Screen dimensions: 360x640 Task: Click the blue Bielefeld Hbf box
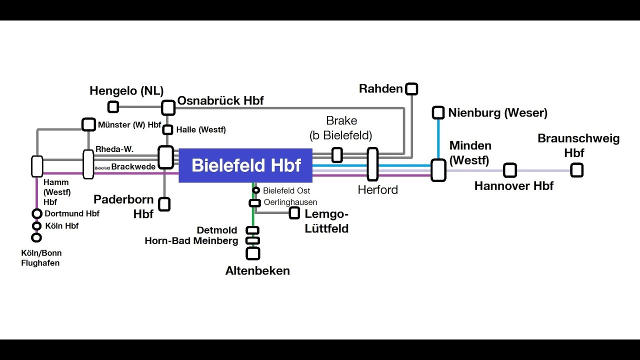coord(245,165)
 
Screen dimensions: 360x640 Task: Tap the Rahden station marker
coord(411,89)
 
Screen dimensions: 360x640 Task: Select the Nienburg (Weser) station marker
coord(438,112)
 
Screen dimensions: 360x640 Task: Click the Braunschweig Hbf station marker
coord(576,170)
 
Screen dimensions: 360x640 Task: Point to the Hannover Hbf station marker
coord(509,170)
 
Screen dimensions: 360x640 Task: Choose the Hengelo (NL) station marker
coord(113,106)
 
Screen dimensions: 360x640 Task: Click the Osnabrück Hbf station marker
coord(168,107)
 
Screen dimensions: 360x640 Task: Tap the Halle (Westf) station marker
coord(168,130)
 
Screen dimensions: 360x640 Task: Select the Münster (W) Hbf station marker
coord(88,124)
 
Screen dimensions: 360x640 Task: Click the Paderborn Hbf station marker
coord(164,204)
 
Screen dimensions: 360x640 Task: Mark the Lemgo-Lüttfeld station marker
coord(294,213)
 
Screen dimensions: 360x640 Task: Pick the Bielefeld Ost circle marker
coord(256,190)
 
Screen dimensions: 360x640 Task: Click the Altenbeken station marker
coord(253,253)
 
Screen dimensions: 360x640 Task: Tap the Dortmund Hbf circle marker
coord(37,214)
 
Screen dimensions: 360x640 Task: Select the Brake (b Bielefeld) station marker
coord(337,155)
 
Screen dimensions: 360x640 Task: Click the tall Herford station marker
coord(372,164)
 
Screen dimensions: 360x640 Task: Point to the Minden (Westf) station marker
coord(438,170)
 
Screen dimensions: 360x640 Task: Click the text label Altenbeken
coord(257,271)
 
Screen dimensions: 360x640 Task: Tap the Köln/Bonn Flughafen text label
coord(41,258)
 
